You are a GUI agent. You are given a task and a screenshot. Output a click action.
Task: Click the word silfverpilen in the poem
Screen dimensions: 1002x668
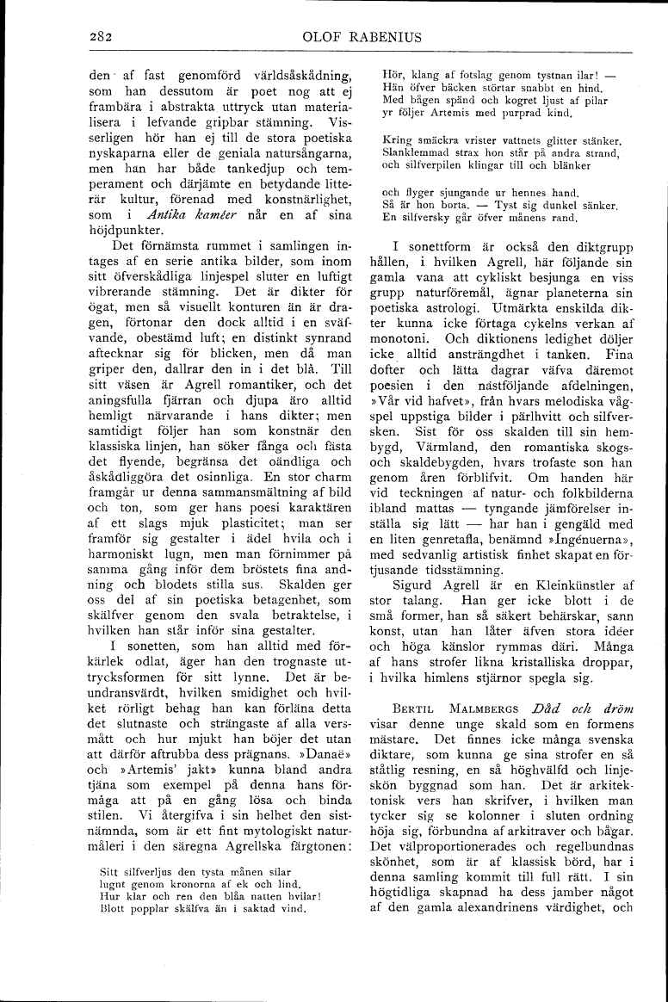[432, 164]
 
